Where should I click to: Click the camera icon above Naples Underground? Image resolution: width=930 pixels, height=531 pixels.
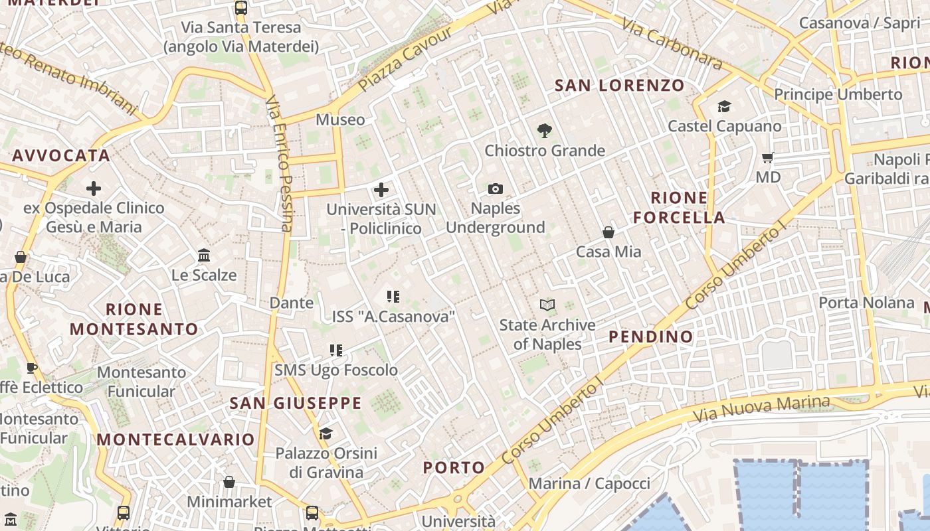(x=495, y=189)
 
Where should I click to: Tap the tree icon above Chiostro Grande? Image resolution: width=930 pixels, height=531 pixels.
(x=545, y=131)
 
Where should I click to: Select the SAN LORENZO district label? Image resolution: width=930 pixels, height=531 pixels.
(x=619, y=85)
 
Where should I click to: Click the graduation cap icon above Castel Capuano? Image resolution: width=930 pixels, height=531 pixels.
(x=724, y=106)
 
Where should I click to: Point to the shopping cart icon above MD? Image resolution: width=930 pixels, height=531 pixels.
(x=768, y=158)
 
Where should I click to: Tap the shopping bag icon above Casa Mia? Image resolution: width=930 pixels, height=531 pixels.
(x=608, y=232)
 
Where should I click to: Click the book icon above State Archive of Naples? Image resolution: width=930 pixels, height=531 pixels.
(x=547, y=305)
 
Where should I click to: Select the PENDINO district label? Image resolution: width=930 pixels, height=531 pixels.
(x=651, y=337)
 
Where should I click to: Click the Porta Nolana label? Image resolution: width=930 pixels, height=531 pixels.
(x=866, y=303)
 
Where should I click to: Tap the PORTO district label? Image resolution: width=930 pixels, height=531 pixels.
(x=454, y=467)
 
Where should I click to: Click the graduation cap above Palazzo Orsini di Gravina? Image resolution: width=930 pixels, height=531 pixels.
(x=325, y=434)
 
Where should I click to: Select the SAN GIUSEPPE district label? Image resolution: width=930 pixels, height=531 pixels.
(x=296, y=403)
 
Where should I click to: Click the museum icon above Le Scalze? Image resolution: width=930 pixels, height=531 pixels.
(x=204, y=256)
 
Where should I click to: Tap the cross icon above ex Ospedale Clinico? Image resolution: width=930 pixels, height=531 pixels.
(x=94, y=189)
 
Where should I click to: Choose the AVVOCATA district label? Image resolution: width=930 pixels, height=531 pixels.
(x=61, y=155)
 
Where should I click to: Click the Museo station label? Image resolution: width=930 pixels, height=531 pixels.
(x=340, y=119)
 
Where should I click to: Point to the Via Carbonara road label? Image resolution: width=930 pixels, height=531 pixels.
(x=672, y=44)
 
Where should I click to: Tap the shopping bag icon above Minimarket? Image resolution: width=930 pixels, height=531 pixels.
(x=229, y=482)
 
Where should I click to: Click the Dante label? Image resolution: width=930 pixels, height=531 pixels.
(x=292, y=303)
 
